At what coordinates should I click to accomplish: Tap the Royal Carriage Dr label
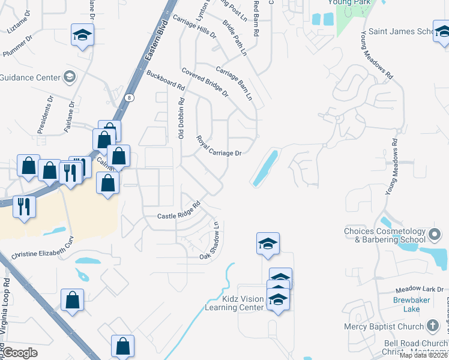tap(218, 147)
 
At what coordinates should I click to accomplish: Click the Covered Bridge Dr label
tap(205, 82)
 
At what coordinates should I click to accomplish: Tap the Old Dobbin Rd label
tap(181, 118)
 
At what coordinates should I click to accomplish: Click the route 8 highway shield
tap(130, 97)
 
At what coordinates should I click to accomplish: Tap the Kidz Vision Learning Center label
tap(234, 303)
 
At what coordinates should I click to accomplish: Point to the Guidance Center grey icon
tap(70, 77)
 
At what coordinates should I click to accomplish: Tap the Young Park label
tap(348, 3)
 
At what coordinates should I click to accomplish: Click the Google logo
tap(20, 352)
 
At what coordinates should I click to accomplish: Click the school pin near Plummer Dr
tap(82, 35)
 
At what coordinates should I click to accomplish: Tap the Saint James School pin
tap(442, 34)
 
